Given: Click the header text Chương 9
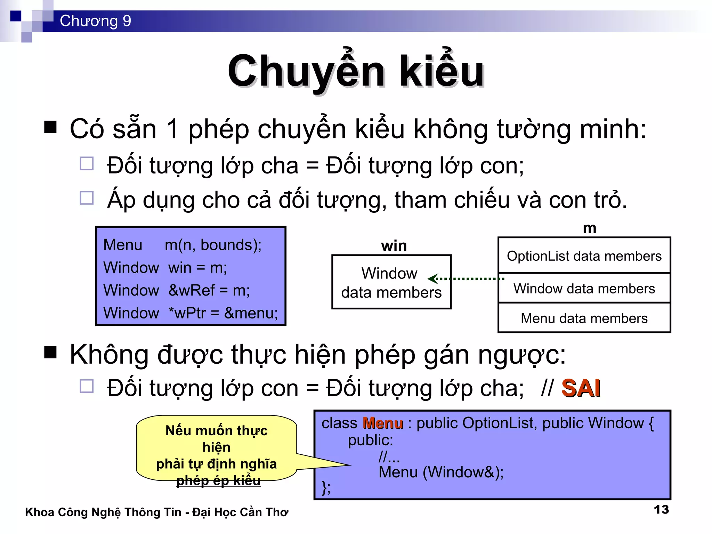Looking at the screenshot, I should [95, 21].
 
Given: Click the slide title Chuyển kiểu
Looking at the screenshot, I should [356, 71].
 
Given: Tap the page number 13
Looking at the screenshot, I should [661, 510].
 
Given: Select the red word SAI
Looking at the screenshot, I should [581, 388].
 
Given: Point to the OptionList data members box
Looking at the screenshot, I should [584, 256].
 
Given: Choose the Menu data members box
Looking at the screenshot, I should [584, 318].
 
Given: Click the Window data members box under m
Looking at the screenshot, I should [584, 289].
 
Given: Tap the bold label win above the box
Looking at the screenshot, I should [394, 246].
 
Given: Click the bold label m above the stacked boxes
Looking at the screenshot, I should [590, 228].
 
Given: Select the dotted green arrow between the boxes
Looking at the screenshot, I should [466, 278].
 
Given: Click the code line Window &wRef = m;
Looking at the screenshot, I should [177, 290].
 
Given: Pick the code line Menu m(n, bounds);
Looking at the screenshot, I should [182, 245].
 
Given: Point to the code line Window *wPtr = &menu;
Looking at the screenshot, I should [191, 313].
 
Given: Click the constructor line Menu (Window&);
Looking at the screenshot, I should [441, 472].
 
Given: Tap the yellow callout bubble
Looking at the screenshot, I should [216, 448].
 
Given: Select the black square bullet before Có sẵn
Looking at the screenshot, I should [50, 127].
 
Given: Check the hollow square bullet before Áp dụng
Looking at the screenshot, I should [87, 198].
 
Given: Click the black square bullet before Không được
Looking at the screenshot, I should [50, 352].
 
